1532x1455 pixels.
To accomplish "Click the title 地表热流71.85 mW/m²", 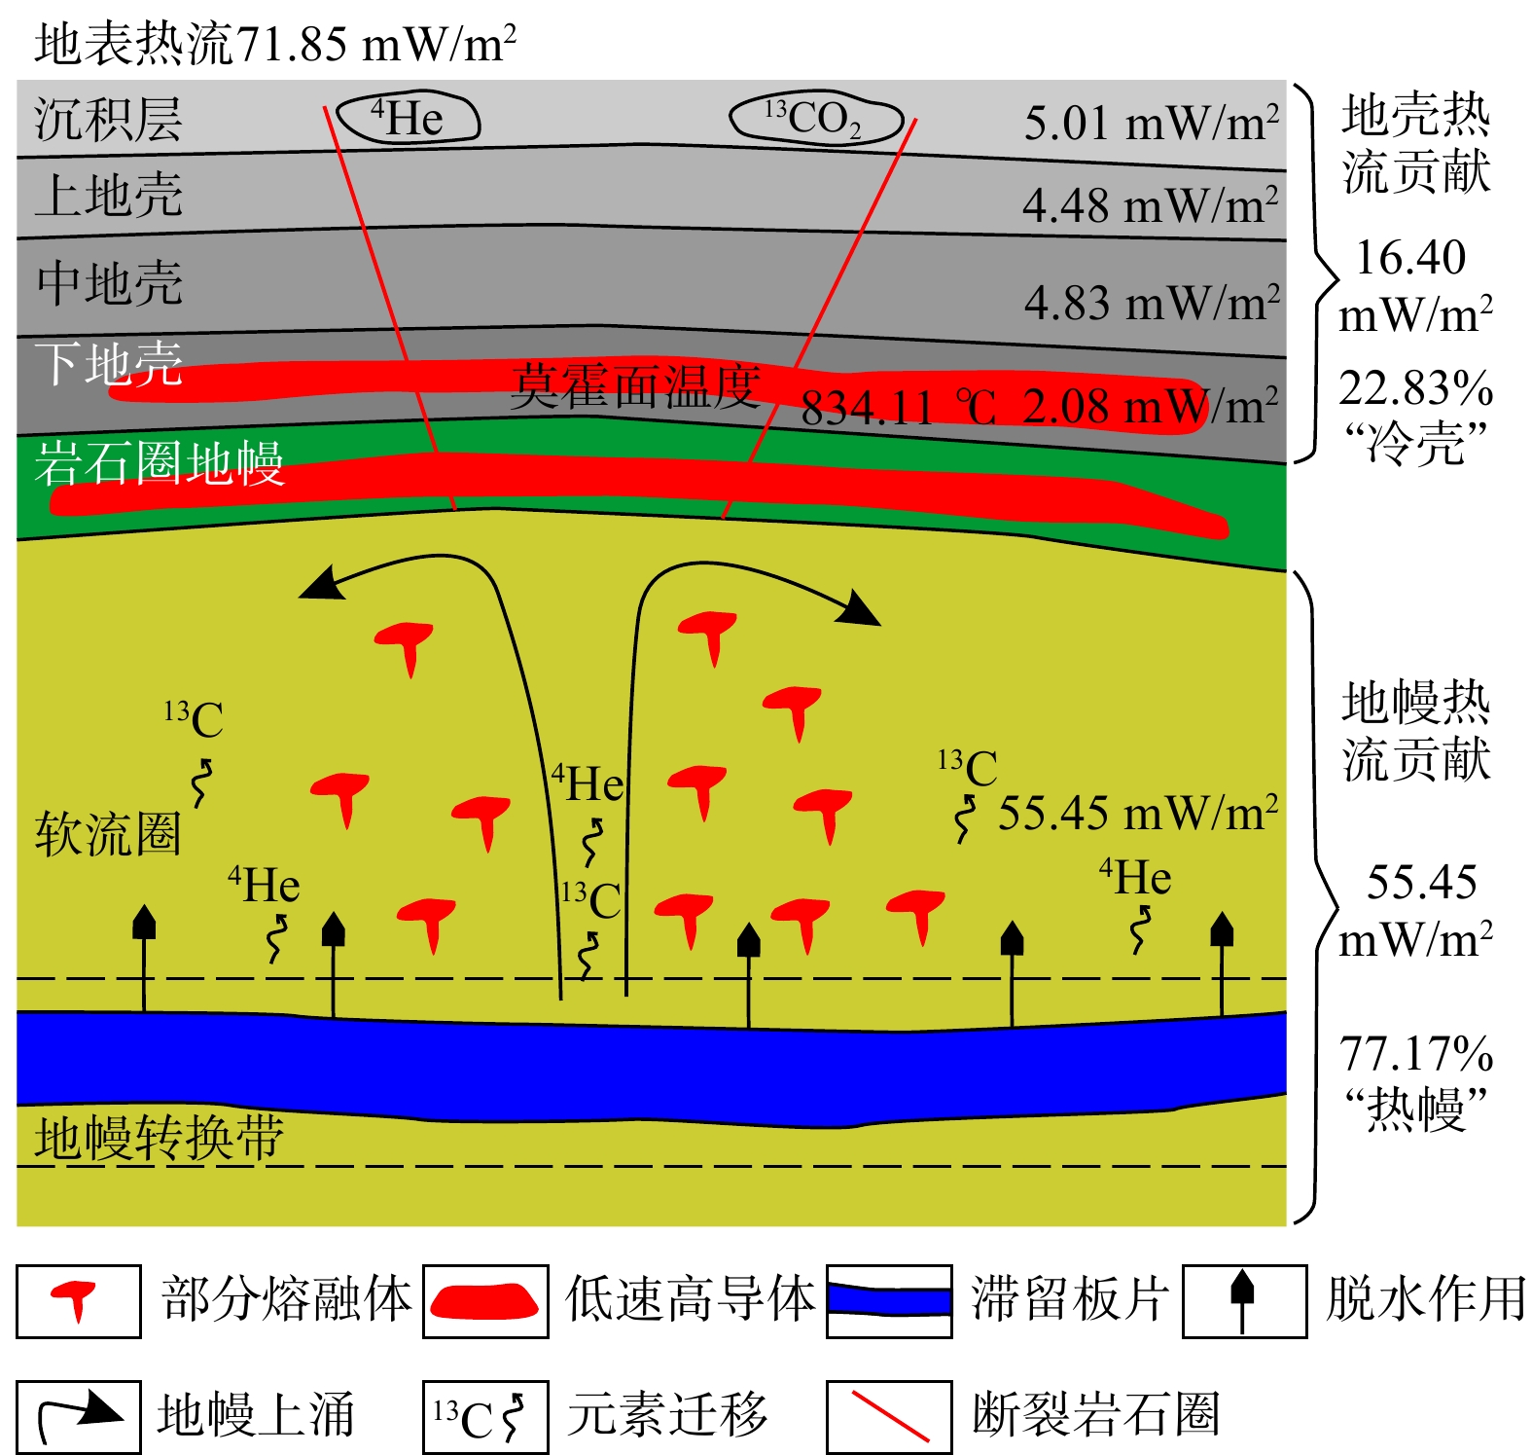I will [274, 44].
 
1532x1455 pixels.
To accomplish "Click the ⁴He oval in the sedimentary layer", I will [409, 119].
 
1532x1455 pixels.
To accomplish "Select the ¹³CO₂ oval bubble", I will [815, 119].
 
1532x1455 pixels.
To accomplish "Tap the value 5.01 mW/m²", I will [1151, 124].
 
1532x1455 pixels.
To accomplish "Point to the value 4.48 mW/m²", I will [1150, 205].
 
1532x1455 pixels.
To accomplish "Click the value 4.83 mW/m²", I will [1151, 303].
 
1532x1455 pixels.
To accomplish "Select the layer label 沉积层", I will [108, 120].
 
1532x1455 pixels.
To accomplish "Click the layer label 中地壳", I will [109, 283].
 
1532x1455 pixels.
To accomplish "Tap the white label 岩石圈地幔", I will [159, 462].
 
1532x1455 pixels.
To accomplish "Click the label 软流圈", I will [108, 834].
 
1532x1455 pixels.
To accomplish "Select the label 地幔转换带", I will [159, 1138].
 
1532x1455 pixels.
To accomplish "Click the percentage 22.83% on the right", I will [1415, 388].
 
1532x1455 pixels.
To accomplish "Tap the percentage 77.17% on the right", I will [1415, 1054].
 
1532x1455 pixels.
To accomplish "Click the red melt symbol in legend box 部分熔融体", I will [76, 1300].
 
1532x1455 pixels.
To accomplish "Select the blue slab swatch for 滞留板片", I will [889, 1300].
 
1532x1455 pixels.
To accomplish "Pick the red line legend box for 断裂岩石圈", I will [889, 1416].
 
